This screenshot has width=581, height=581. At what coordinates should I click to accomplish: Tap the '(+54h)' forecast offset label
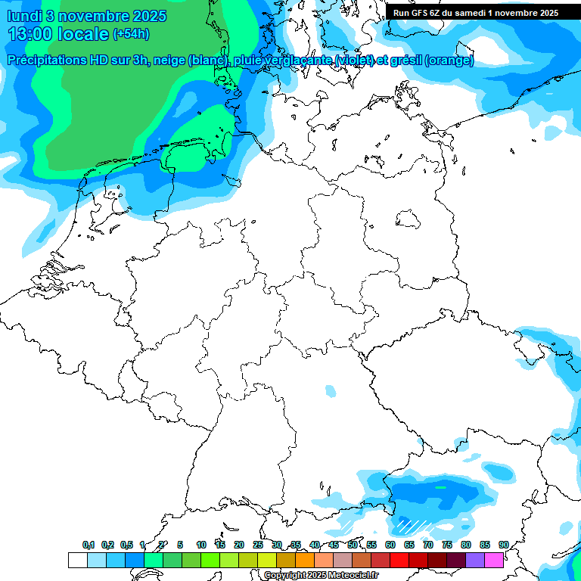[131, 34]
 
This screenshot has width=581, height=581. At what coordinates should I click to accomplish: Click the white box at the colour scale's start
[78, 560]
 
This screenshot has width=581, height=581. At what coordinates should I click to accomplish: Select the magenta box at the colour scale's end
[494, 560]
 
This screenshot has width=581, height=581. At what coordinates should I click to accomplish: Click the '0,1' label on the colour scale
[89, 545]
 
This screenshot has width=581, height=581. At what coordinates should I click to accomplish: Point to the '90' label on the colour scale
[504, 545]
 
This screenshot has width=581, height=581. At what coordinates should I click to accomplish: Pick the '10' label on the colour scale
[201, 545]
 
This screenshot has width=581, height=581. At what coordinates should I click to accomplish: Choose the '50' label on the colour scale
[353, 545]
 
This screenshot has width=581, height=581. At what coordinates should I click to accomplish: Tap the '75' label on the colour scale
[447, 545]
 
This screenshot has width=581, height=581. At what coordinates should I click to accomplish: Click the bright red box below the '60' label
[399, 560]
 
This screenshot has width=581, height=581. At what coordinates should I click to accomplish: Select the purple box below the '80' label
[475, 560]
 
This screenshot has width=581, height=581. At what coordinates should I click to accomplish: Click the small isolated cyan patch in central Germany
[330, 391]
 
